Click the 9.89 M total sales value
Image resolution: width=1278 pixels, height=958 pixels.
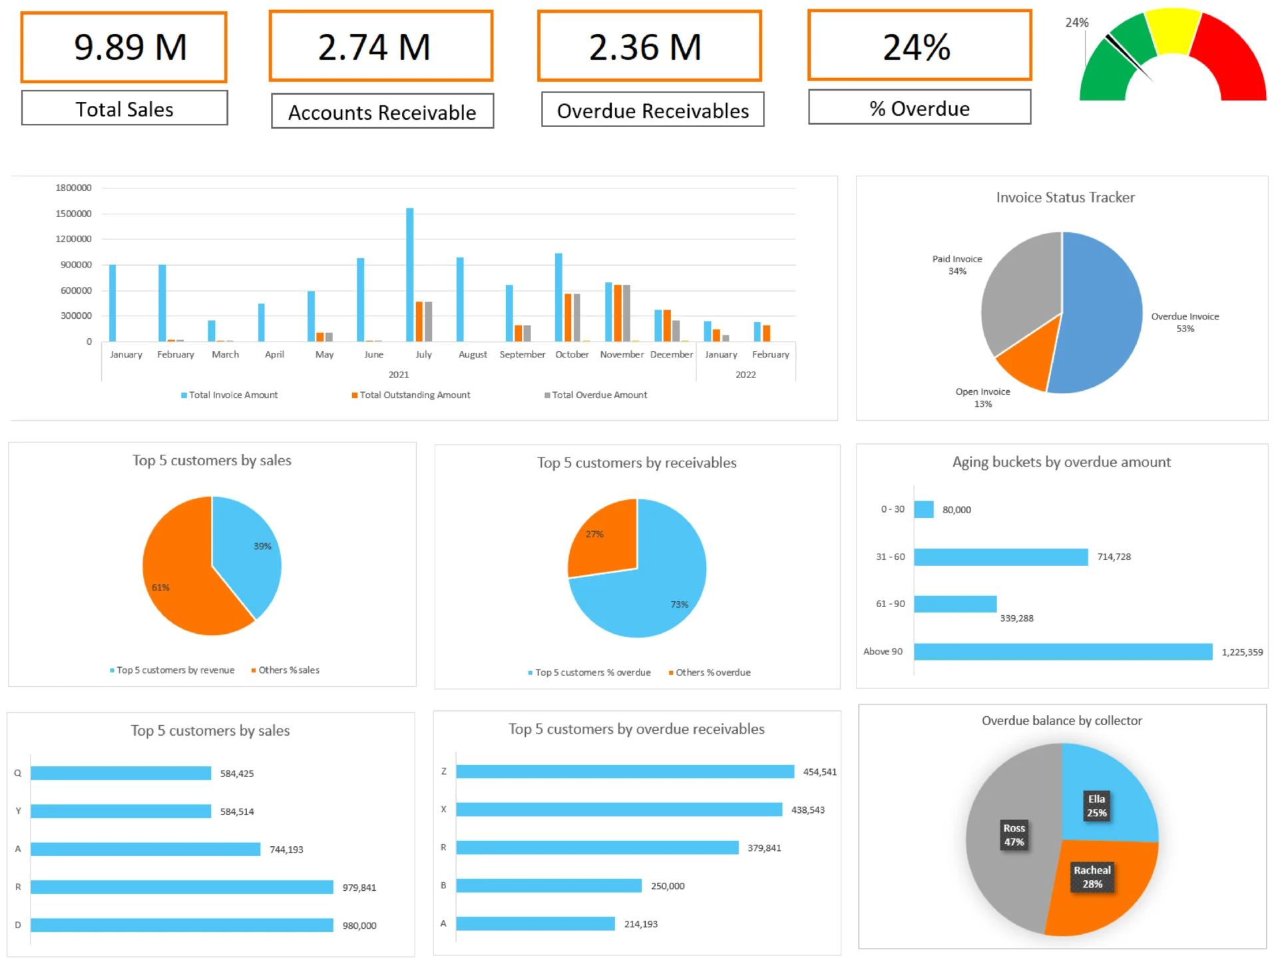[x=130, y=47]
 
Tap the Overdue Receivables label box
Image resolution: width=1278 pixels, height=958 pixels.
[x=652, y=111]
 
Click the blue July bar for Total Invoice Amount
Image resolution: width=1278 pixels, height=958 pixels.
[x=410, y=274]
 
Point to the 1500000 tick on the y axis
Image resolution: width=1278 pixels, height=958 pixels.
[x=74, y=214]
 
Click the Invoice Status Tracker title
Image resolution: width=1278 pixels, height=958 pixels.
[x=1064, y=197]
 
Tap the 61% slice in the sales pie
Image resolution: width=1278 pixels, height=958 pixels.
[x=180, y=586]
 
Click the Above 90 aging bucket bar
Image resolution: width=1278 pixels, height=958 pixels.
[x=1062, y=652]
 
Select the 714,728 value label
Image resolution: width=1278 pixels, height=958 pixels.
[x=1114, y=557]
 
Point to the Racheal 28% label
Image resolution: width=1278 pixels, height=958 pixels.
[x=1092, y=877]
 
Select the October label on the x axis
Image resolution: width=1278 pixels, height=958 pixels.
[x=572, y=354]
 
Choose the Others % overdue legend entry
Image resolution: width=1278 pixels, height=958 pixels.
[x=712, y=672]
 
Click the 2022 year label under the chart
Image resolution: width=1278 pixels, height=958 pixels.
[x=745, y=375]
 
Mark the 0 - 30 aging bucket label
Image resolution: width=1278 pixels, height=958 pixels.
[x=892, y=509]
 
